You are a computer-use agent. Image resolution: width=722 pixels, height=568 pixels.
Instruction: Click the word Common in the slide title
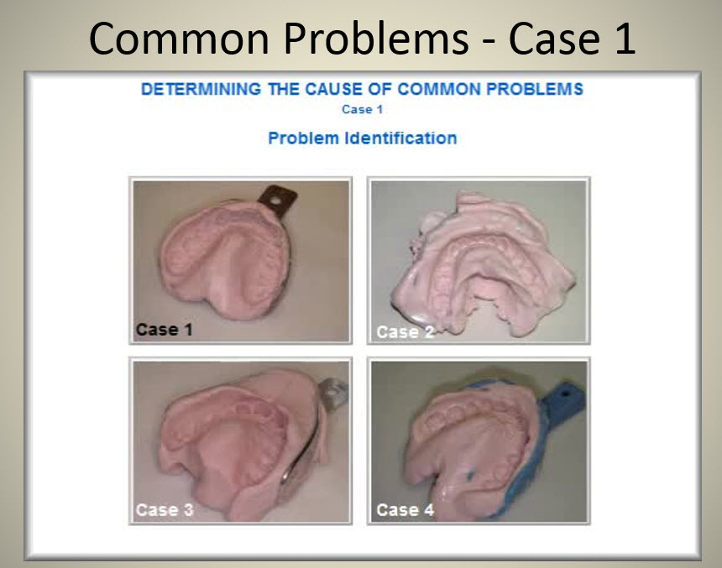179,39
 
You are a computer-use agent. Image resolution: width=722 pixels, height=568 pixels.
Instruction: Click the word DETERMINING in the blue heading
201,89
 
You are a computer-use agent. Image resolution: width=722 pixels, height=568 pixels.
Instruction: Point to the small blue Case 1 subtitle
363,110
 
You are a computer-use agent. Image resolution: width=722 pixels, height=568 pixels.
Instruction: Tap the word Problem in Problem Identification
303,138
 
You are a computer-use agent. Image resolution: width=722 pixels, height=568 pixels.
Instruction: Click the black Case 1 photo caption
164,330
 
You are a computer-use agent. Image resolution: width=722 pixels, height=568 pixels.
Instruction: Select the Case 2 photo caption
405,332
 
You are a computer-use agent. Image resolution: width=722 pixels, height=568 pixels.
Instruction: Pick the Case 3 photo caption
165,509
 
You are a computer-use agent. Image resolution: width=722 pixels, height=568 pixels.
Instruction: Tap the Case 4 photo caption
405,509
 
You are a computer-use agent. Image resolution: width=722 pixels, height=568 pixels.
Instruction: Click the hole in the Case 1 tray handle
276,201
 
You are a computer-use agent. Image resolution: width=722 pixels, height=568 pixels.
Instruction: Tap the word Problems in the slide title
376,39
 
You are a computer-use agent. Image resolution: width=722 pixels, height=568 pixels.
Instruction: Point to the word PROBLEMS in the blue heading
536,89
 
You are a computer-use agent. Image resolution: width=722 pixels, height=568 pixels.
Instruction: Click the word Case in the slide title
554,39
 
